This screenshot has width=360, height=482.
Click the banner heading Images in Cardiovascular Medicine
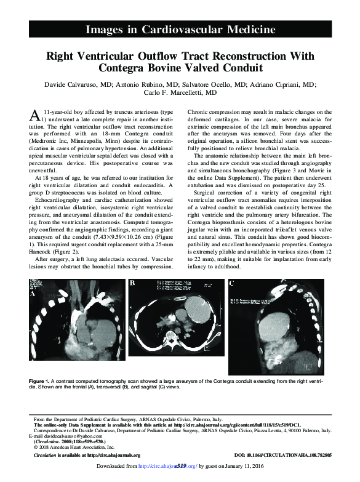180,29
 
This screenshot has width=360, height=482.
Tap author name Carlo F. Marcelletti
180,92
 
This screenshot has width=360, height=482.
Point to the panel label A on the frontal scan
34,294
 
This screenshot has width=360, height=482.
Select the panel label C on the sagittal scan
231,283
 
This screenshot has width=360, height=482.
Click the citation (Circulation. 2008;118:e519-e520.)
71,441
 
